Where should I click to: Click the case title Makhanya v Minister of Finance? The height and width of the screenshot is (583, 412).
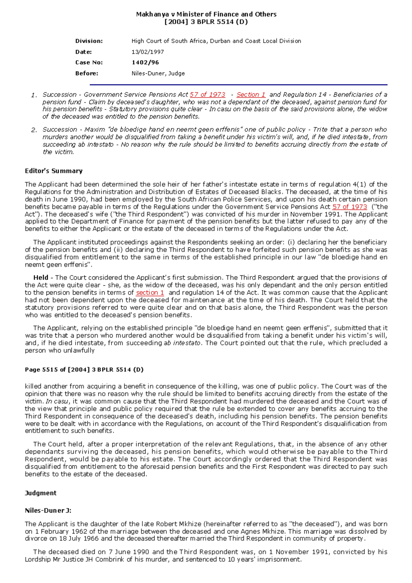coord(206,14)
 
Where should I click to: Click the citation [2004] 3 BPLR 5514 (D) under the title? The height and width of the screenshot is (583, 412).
coord(206,22)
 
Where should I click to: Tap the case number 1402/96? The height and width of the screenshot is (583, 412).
coord(145,62)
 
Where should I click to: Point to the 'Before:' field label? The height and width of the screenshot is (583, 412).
coord(87,73)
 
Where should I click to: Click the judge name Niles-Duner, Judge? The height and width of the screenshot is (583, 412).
coord(158,73)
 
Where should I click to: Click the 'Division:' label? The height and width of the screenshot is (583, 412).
coord(89,41)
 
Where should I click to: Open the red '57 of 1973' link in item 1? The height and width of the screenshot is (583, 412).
coord(207,95)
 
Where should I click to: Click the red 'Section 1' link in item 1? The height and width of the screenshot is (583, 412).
coord(251,95)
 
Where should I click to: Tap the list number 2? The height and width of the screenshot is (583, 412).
coord(34,130)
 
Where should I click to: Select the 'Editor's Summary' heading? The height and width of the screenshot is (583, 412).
coord(54,171)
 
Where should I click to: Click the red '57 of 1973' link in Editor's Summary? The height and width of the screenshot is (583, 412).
coord(350,207)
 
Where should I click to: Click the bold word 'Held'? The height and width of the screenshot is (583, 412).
coord(41,277)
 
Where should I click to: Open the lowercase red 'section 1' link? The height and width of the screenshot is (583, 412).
coord(150,293)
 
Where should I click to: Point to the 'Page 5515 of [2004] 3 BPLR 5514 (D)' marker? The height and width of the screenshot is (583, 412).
coord(84,370)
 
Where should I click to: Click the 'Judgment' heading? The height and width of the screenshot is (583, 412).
coord(41,493)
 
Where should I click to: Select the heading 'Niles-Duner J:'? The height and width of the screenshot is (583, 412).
coord(48,511)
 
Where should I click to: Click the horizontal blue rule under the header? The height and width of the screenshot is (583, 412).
coord(238,84)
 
